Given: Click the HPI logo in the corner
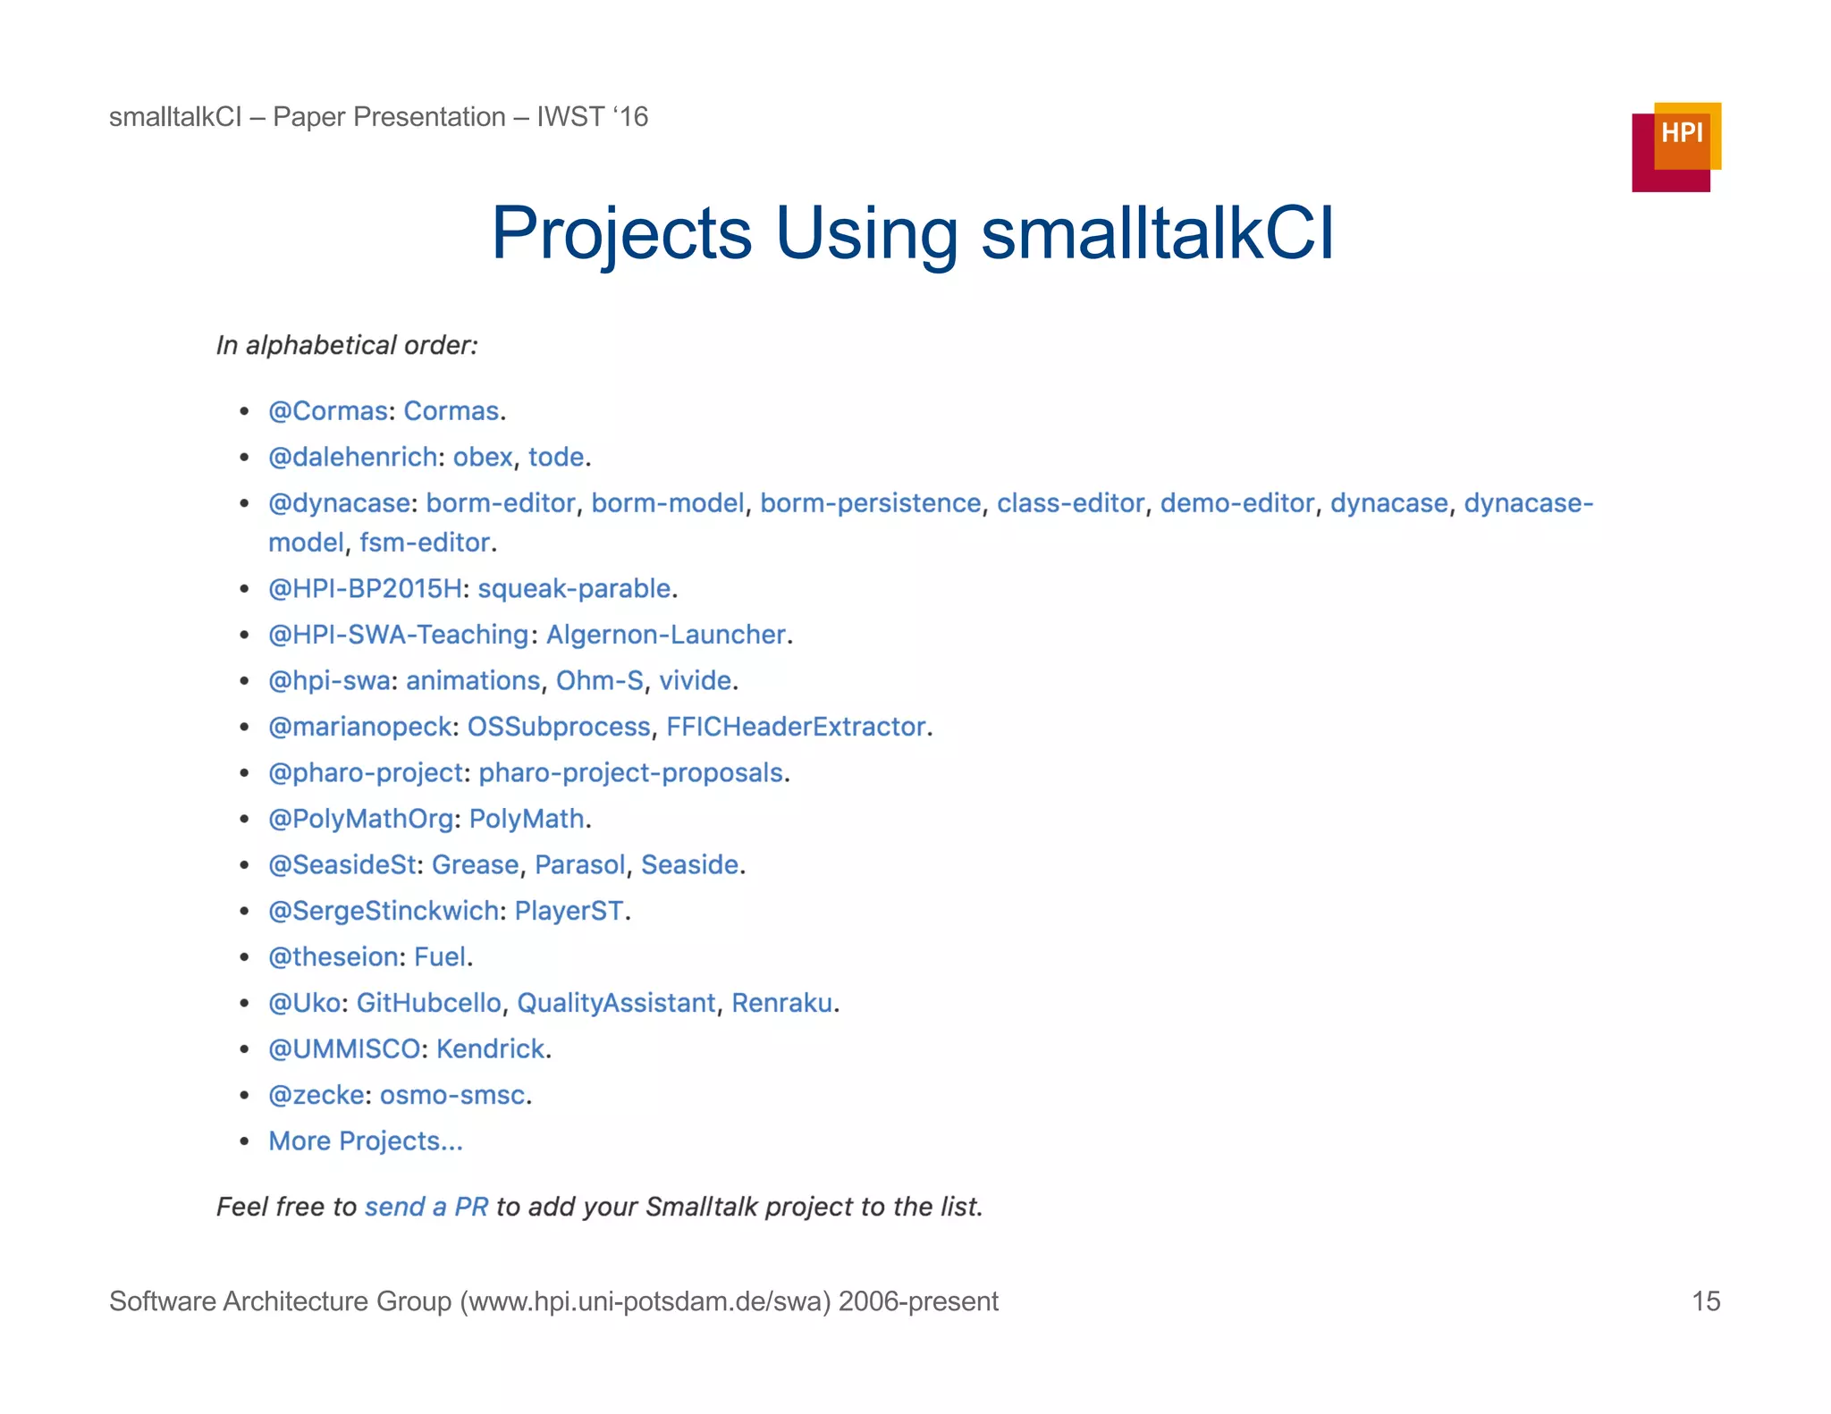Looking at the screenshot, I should (x=1675, y=147).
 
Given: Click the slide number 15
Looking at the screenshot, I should (x=1705, y=1300).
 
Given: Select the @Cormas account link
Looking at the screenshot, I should (x=328, y=411).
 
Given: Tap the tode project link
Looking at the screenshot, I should (x=556, y=458).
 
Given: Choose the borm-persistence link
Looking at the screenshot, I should (x=870, y=503).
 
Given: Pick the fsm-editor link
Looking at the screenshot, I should (x=425, y=543).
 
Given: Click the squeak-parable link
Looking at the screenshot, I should (x=574, y=589).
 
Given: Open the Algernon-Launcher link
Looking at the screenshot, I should (x=666, y=635).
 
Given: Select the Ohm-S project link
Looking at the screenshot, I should (x=599, y=681).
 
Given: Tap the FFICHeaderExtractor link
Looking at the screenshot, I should (x=796, y=727).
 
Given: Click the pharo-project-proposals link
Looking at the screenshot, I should (x=631, y=773).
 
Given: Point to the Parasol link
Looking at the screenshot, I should (x=580, y=865).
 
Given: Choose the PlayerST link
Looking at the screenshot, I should (x=569, y=911).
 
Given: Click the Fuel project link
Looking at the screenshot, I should (x=440, y=957).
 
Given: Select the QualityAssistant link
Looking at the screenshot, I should (x=616, y=1003).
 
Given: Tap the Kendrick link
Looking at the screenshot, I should (x=490, y=1049).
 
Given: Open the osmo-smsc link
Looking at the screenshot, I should (x=452, y=1095).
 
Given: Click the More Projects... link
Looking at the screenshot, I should (x=366, y=1141).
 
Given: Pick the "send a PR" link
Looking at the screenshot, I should (x=426, y=1207).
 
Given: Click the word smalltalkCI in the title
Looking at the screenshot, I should (x=1157, y=233).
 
